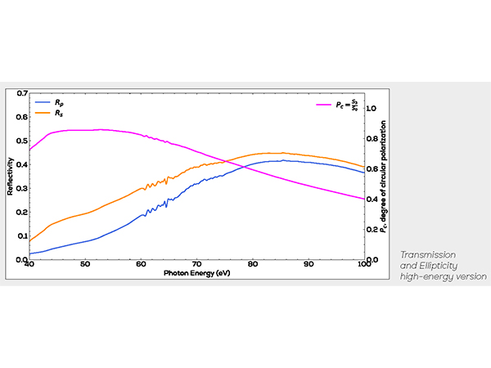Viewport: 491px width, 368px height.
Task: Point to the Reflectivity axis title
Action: (11, 177)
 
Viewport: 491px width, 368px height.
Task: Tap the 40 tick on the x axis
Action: (29, 265)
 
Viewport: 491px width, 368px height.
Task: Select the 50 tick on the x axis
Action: (85, 265)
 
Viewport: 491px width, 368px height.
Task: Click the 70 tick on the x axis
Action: (196, 265)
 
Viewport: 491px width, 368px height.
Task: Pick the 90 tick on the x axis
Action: (309, 265)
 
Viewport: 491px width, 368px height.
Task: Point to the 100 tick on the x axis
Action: (363, 265)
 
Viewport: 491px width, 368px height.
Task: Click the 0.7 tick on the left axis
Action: (22, 94)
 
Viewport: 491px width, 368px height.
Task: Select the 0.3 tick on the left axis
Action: (22, 188)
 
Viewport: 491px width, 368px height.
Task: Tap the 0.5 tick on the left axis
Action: (22, 141)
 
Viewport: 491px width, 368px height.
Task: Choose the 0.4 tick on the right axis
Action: (372, 200)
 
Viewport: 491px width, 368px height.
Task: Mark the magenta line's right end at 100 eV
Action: (363, 199)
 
